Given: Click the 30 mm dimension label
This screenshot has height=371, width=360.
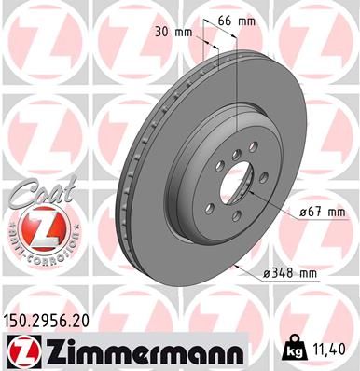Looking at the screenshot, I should pos(175,31).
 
